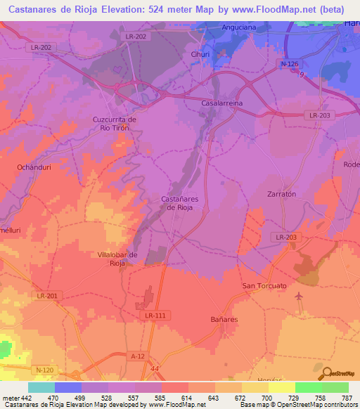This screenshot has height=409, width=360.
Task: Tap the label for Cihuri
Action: point(200,54)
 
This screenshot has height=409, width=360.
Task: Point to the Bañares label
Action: point(224,319)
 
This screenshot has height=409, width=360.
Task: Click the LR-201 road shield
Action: point(47,297)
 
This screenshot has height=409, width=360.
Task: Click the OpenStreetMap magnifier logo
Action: point(326,372)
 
